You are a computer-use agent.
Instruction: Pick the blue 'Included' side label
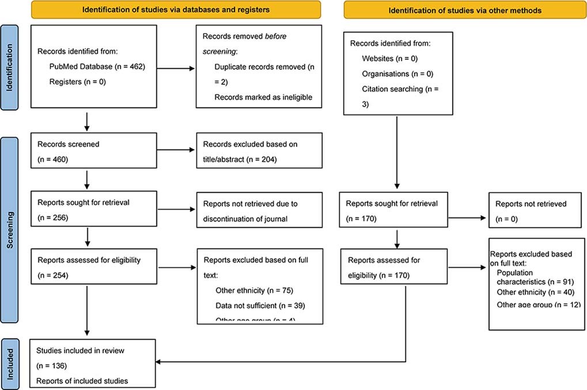pos(10,363)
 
